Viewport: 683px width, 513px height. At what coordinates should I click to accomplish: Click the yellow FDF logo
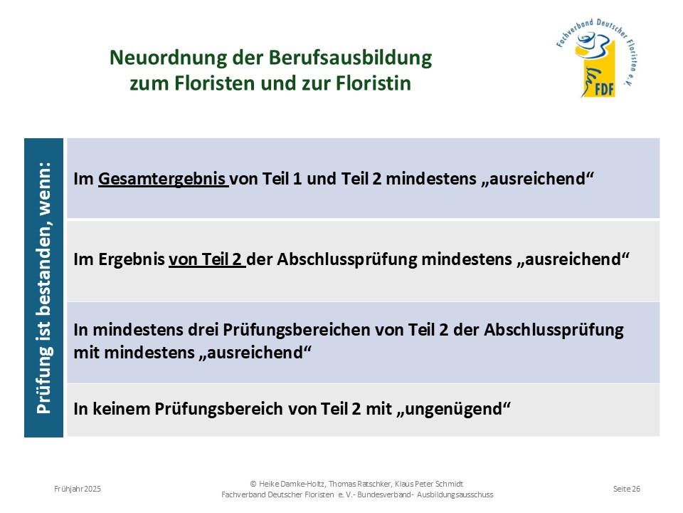(597, 59)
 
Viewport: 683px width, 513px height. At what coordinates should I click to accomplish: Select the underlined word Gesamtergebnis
(162, 179)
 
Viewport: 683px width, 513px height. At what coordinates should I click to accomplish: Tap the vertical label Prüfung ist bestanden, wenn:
(44, 288)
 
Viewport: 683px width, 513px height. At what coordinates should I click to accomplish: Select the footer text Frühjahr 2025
(78, 489)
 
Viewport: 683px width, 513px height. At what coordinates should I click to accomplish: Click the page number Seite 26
(626, 489)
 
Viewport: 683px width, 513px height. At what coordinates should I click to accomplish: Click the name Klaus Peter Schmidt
(429, 484)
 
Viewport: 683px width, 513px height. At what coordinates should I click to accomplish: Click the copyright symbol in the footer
(253, 484)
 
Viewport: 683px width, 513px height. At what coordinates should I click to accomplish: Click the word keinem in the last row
(121, 409)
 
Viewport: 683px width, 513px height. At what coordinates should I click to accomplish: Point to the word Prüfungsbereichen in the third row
(297, 330)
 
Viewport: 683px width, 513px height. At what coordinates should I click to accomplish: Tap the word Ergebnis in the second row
(132, 259)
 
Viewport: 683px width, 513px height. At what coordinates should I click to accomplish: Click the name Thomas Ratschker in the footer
(360, 484)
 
